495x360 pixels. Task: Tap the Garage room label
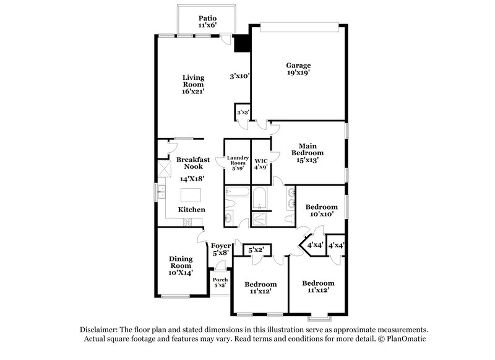(x=298, y=68)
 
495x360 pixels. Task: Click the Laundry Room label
(x=237, y=162)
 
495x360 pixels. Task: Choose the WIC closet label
(x=260, y=162)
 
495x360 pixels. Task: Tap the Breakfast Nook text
(x=193, y=163)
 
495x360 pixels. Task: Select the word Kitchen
(x=192, y=210)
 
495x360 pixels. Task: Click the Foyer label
(x=221, y=249)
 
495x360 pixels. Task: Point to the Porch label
(x=220, y=283)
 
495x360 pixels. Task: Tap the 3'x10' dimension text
(x=239, y=77)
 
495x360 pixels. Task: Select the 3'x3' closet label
(x=243, y=113)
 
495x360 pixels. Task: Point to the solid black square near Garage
(x=241, y=45)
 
